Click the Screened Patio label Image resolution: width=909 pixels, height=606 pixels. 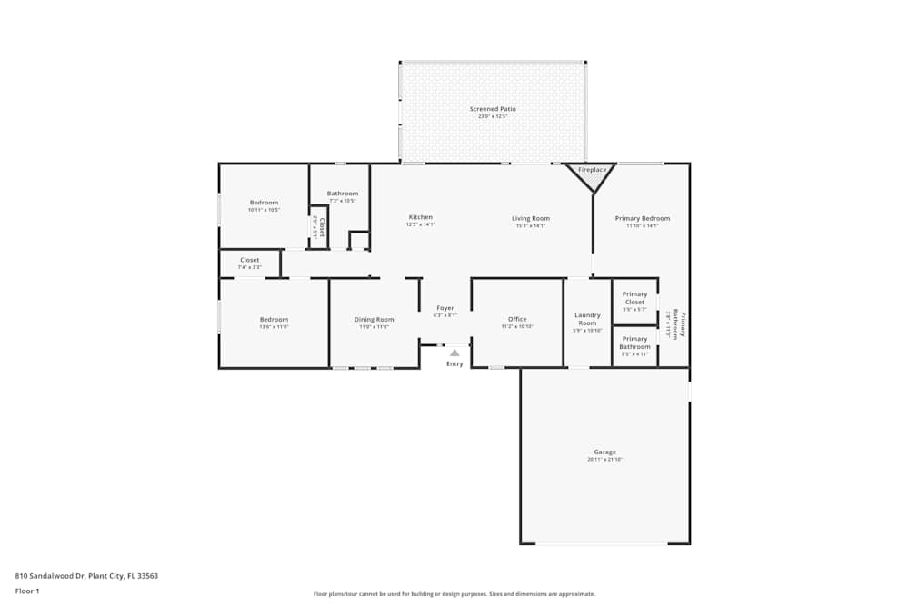point(493,109)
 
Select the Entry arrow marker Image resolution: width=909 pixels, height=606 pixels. point(454,353)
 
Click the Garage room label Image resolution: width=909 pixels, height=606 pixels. point(604,452)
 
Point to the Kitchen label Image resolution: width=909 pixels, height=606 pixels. point(420,218)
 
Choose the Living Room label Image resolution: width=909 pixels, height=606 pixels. point(530,218)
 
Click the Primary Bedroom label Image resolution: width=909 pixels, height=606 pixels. point(642,218)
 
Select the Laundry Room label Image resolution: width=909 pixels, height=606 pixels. point(587,320)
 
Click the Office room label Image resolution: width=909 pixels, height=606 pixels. point(517,320)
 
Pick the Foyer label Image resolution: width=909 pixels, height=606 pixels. point(445,308)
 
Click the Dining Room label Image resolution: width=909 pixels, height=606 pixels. point(374,320)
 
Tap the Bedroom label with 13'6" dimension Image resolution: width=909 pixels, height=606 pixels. point(274,320)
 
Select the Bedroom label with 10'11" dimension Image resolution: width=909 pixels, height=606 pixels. point(264,203)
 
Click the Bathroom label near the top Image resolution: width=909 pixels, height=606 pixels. point(343,194)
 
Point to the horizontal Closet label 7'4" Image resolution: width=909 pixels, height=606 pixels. point(249,261)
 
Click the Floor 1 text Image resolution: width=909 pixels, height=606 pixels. point(27,591)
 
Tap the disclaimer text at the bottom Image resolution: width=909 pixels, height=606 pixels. point(454,594)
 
